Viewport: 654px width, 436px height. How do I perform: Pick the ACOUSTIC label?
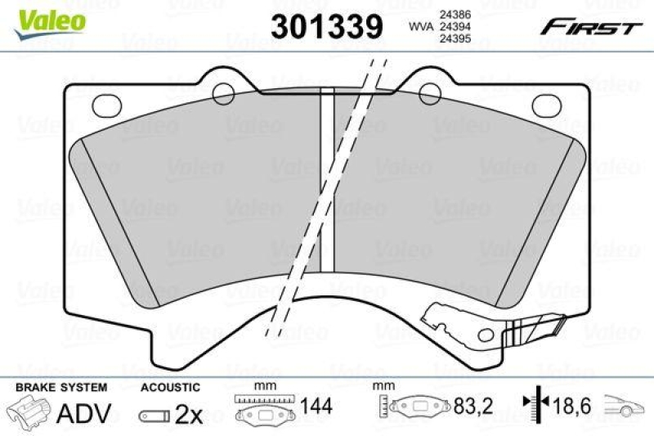click(x=170, y=386)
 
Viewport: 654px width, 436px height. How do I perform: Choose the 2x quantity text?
click(x=189, y=416)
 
